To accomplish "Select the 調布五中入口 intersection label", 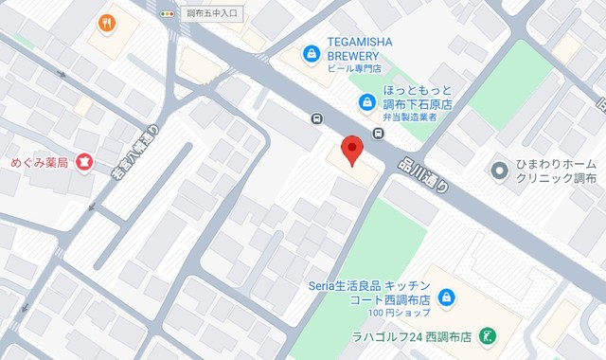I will [x=212, y=14].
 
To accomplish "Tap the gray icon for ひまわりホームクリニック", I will [x=499, y=171].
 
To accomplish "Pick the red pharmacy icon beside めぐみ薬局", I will [x=85, y=163].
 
